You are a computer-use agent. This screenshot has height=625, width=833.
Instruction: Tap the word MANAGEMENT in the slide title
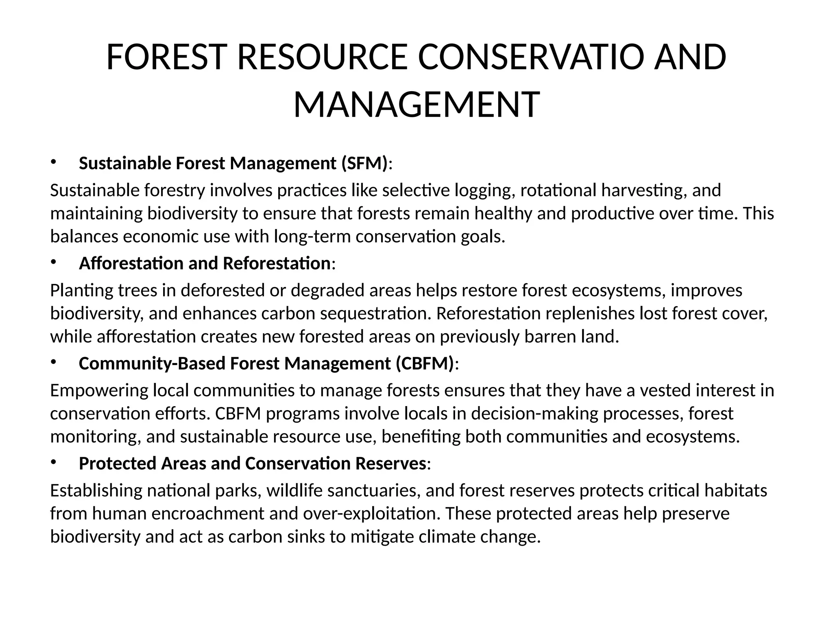pos(416,105)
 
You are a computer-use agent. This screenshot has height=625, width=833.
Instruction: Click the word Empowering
pos(99,391)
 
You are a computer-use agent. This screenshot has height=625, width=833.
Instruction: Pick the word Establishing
pos(96,491)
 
